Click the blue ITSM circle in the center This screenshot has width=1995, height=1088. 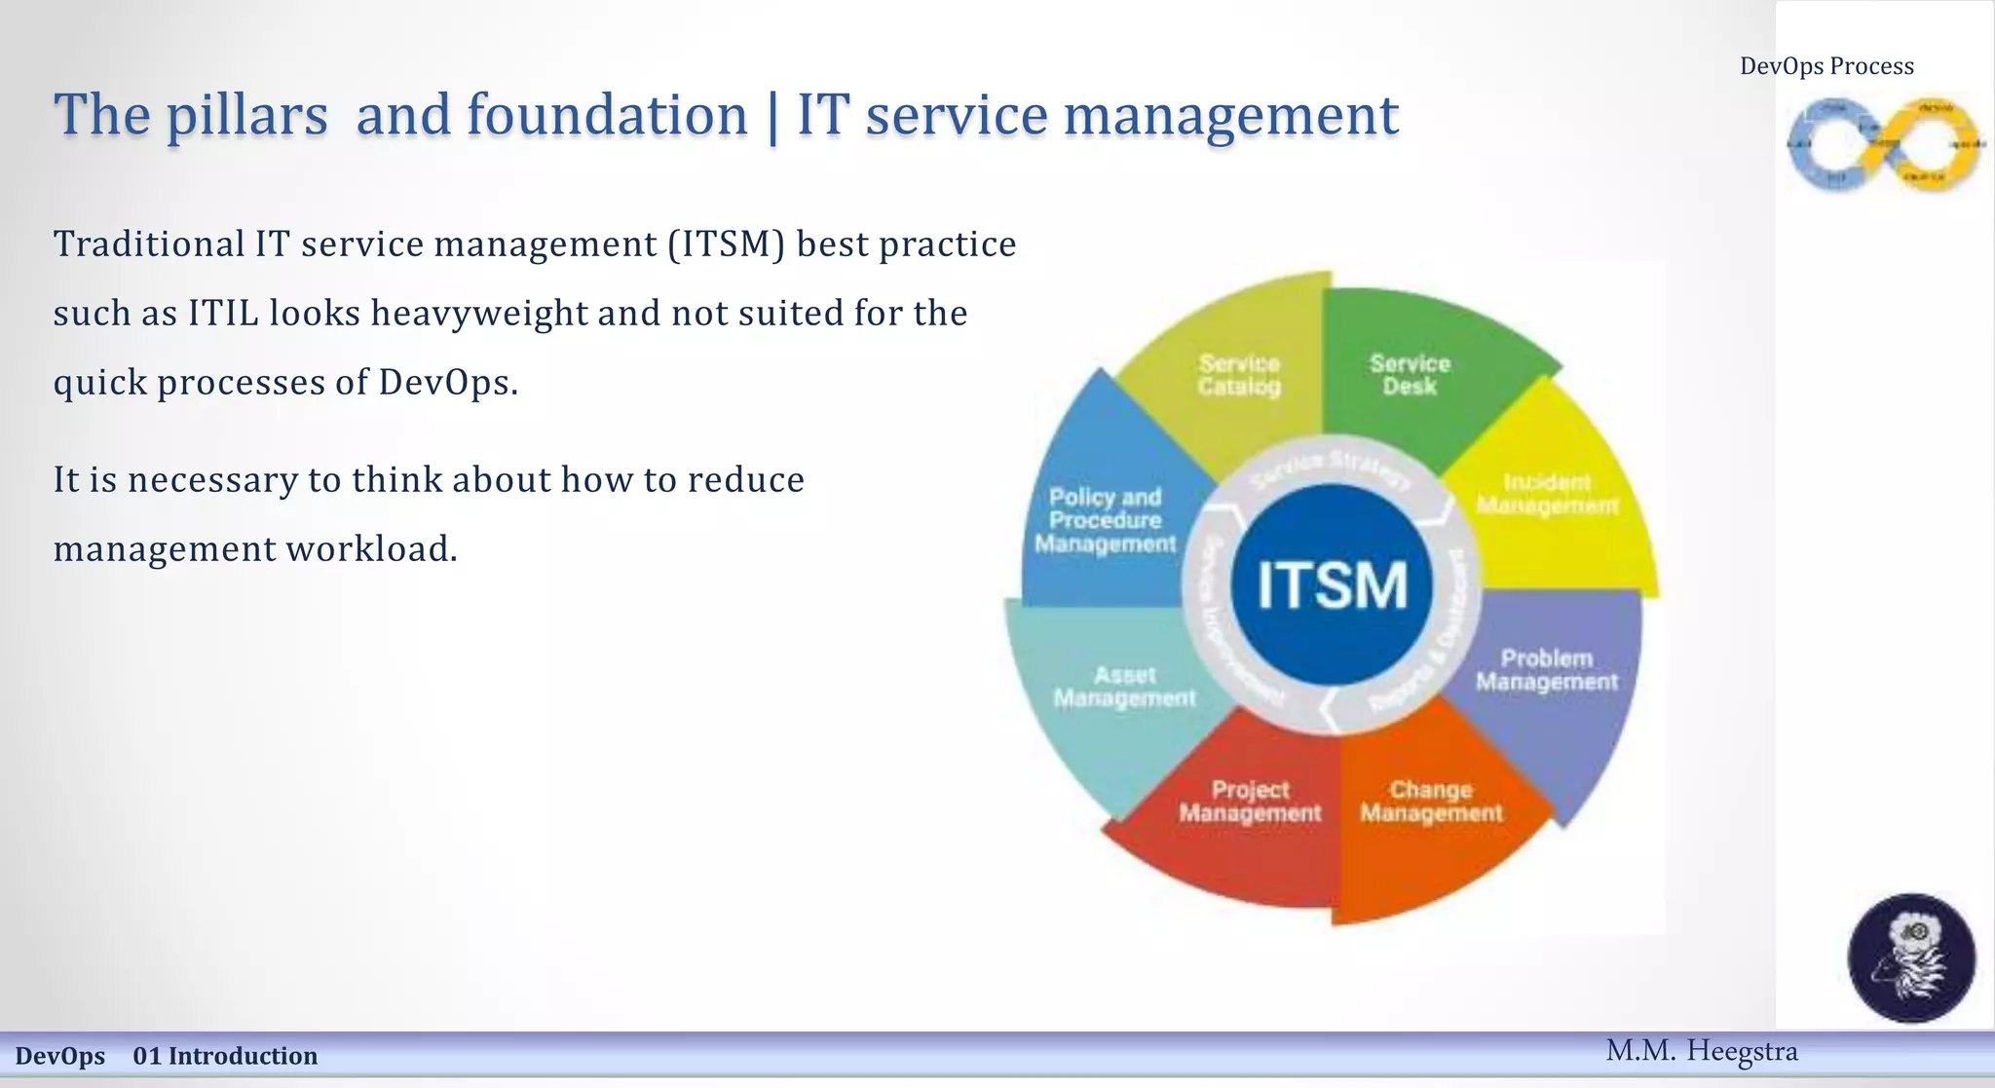click(x=1332, y=584)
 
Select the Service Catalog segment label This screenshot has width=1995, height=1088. click(x=1239, y=375)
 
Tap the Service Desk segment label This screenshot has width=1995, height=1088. click(x=1410, y=375)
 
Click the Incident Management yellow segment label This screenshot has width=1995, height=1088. click(x=1547, y=494)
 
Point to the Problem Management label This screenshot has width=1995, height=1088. click(x=1546, y=670)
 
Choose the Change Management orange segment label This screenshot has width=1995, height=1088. click(x=1431, y=801)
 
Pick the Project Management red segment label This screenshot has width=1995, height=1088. click(x=1250, y=801)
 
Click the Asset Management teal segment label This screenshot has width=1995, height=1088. click(x=1124, y=687)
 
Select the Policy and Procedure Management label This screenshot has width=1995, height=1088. click(x=1106, y=520)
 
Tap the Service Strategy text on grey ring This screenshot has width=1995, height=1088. click(x=1331, y=468)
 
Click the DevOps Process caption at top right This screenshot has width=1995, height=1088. click(x=1826, y=66)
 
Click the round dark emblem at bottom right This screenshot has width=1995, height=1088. click(x=1911, y=957)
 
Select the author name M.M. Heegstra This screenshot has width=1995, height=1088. click(x=1701, y=1051)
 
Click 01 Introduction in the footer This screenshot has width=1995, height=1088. click(x=225, y=1056)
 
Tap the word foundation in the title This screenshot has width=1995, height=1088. click(x=606, y=115)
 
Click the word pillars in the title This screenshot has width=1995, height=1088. click(x=246, y=115)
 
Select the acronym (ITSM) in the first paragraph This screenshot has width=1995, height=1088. click(x=727, y=244)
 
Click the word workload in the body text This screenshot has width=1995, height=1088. click(x=371, y=548)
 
